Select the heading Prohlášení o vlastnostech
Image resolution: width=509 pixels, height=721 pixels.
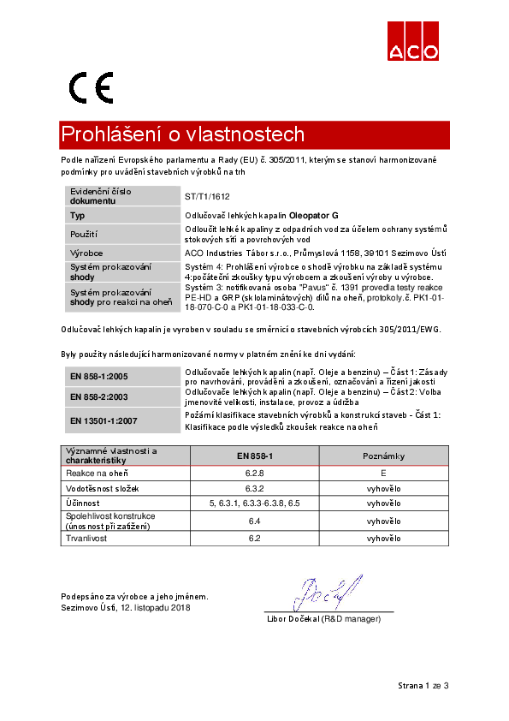tap(182, 135)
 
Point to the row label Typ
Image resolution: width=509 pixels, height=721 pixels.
tap(78, 216)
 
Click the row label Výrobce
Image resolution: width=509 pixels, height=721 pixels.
tap(86, 253)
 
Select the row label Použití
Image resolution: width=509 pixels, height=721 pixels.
tap(84, 234)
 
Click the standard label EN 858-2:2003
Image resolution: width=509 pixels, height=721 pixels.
tap(99, 396)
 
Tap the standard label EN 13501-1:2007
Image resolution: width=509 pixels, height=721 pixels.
tap(104, 420)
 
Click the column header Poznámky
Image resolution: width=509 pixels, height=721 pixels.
tap(383, 456)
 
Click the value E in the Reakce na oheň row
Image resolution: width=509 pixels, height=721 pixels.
tap(383, 472)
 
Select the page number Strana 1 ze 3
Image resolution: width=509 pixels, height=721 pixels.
tap(423, 686)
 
